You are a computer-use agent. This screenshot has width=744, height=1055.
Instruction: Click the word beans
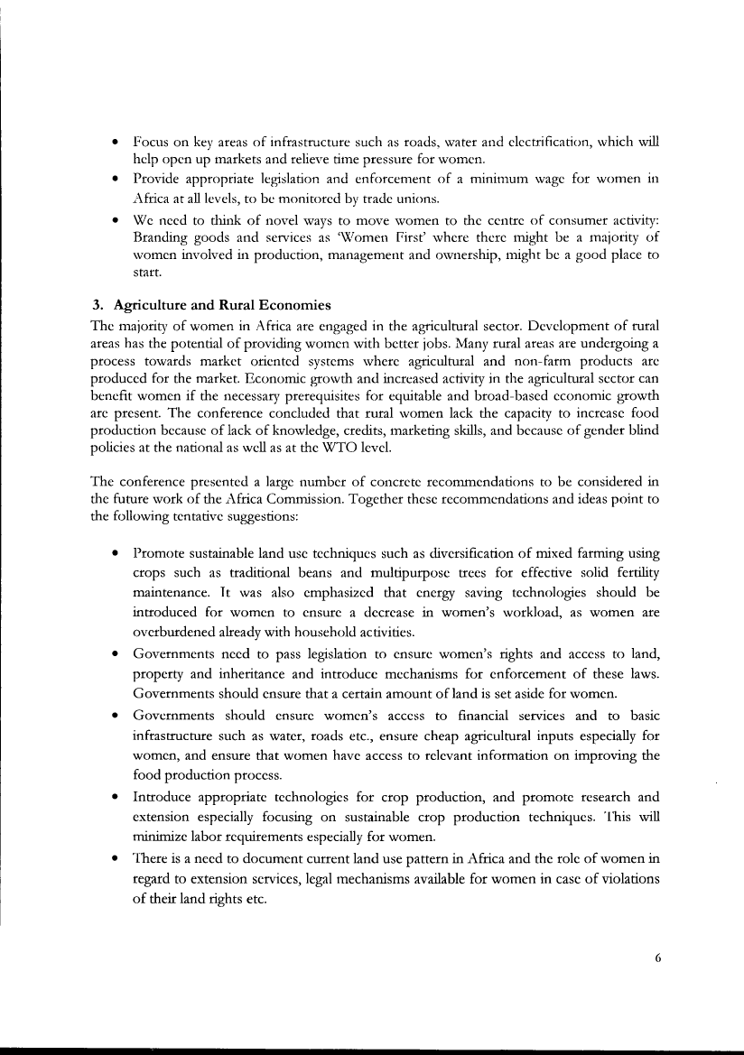click(317, 571)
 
